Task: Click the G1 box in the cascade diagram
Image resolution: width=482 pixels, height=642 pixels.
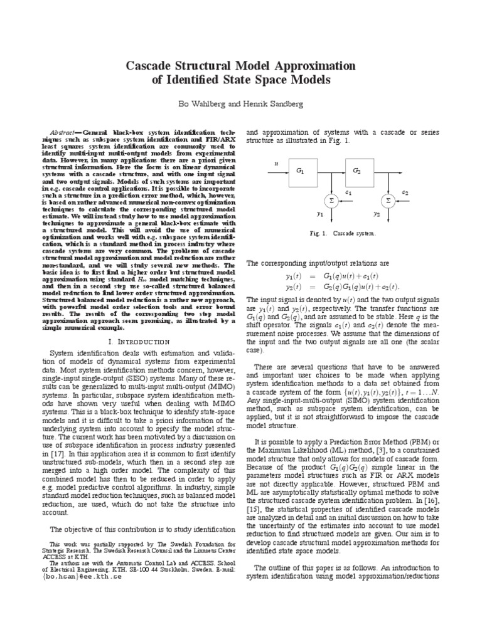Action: click(x=299, y=171)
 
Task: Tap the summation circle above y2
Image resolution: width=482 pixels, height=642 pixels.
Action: click(x=388, y=200)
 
